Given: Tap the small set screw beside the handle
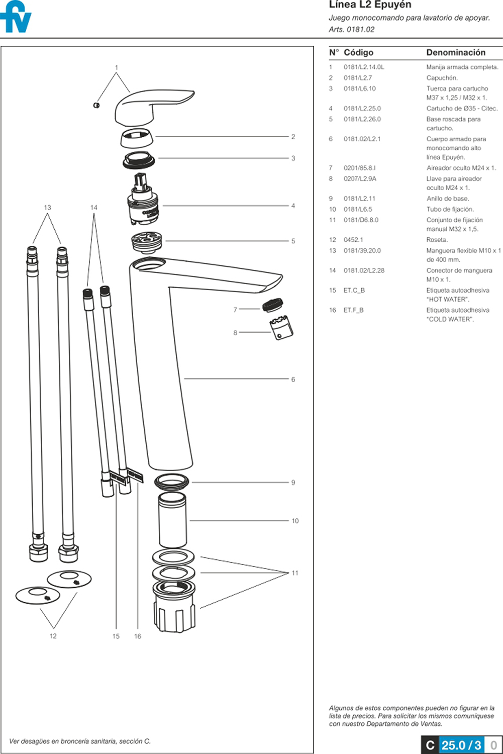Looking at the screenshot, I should click(96, 105).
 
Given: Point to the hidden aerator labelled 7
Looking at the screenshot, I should click(273, 305).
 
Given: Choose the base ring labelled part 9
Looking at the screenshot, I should click(172, 482).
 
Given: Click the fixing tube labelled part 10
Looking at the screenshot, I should click(172, 520).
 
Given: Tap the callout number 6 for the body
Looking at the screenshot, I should click(293, 380).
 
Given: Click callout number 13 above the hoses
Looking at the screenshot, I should click(47, 208).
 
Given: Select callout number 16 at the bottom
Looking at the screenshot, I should click(138, 636).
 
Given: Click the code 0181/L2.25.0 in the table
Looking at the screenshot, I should click(362, 109).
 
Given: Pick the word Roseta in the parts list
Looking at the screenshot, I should click(436, 240).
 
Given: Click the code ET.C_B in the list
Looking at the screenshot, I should click(354, 291).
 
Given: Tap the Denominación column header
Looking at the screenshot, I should click(456, 53).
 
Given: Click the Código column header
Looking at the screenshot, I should click(358, 53).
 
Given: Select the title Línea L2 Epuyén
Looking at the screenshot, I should click(370, 5).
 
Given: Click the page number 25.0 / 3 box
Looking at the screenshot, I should click(461, 745).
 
